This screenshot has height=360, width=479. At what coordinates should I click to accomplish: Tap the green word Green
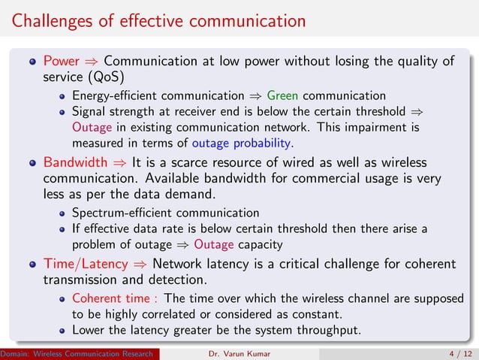pyautogui.click(x=282, y=95)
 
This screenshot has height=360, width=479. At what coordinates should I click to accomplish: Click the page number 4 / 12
pyautogui.click(x=456, y=354)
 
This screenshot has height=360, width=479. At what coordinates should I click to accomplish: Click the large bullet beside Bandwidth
pyautogui.click(x=32, y=163)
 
